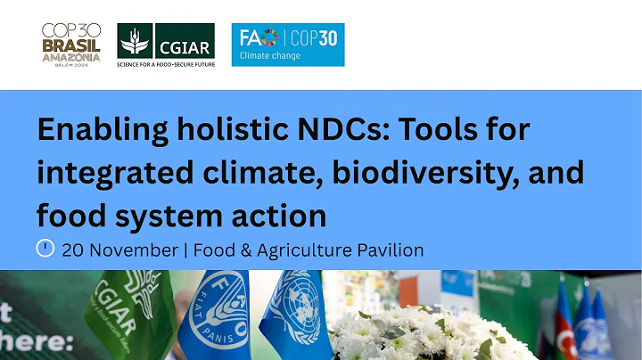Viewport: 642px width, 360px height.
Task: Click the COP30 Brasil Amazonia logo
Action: (70, 44)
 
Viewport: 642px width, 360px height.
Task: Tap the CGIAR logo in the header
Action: (166, 43)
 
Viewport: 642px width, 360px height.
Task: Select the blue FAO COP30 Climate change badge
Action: (287, 45)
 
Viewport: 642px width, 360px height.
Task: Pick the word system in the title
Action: (169, 215)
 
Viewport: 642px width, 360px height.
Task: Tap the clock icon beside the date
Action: (45, 249)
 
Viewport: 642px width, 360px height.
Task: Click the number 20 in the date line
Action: (74, 250)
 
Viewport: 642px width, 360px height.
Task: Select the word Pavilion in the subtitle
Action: (390, 250)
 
